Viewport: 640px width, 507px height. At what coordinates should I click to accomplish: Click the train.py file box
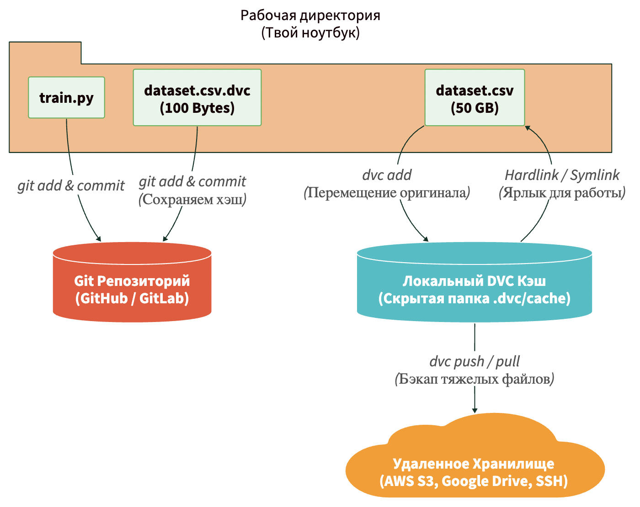point(66,98)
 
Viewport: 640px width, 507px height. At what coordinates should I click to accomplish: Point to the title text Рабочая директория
point(310,15)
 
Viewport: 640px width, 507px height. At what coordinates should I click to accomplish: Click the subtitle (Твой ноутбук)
point(310,33)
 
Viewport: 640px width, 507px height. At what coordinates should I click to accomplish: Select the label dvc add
point(387,175)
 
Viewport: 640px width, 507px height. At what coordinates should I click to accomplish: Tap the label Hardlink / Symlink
point(562,175)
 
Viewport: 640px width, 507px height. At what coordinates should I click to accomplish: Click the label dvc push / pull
point(475,361)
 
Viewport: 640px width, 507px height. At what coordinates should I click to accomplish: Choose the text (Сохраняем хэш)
point(192,199)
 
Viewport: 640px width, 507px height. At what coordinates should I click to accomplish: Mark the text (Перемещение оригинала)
point(387,193)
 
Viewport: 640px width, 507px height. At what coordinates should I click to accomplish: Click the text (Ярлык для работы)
point(562,193)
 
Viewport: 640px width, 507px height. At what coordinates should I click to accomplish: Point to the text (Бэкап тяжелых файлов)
point(475,379)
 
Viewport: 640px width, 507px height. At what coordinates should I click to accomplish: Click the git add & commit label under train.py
point(71,185)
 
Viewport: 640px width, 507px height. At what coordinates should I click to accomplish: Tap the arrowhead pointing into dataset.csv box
point(528,128)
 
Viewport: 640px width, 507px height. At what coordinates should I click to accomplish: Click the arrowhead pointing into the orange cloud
point(475,410)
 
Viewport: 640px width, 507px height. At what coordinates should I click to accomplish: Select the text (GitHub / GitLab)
point(132,298)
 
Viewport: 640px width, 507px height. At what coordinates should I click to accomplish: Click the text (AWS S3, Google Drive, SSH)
point(474,481)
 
